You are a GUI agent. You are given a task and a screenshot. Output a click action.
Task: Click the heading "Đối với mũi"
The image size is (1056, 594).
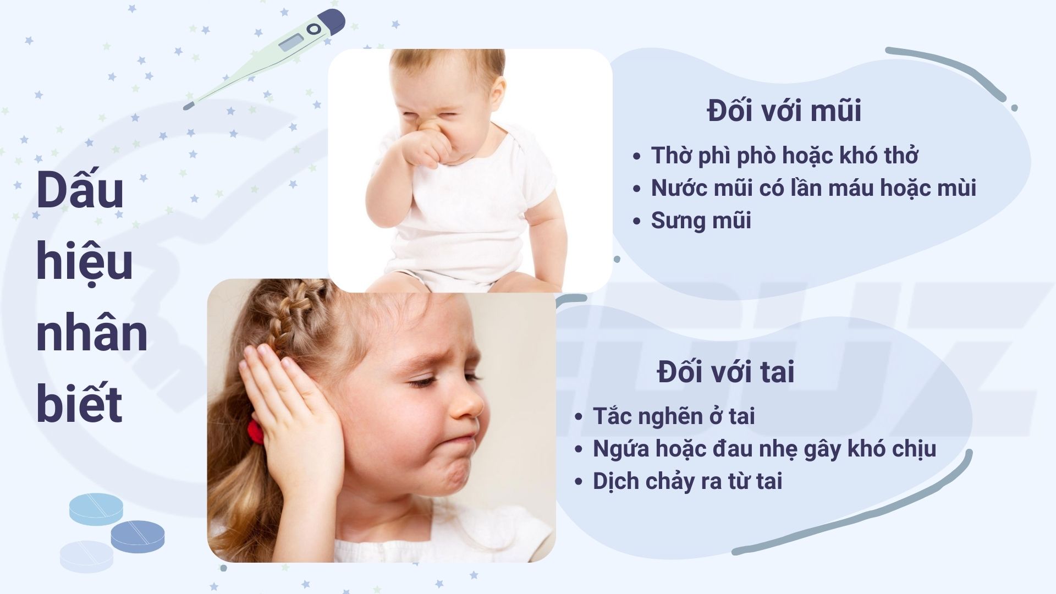pyautogui.click(x=784, y=111)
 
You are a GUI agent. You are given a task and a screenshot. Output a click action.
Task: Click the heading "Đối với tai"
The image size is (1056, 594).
pyautogui.click(x=725, y=372)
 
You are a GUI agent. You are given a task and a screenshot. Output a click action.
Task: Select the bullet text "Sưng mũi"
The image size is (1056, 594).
pyautogui.click(x=701, y=221)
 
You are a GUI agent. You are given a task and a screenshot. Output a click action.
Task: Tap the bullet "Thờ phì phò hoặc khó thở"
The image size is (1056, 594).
pyautogui.click(x=784, y=156)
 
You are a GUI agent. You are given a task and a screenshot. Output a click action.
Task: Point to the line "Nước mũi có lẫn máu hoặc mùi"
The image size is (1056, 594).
pyautogui.click(x=813, y=188)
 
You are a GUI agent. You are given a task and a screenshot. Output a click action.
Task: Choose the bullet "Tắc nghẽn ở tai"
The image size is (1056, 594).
pyautogui.click(x=674, y=416)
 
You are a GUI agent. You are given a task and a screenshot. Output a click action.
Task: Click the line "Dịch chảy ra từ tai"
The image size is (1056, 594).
pyautogui.click(x=687, y=481)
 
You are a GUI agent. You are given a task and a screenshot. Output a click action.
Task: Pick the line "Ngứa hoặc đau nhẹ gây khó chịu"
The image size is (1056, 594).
pyautogui.click(x=765, y=449)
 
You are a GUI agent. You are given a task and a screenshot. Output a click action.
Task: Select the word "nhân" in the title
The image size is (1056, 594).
pyautogui.click(x=92, y=333)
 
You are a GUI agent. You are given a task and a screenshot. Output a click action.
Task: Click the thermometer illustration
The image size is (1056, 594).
pyautogui.click(x=265, y=58)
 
